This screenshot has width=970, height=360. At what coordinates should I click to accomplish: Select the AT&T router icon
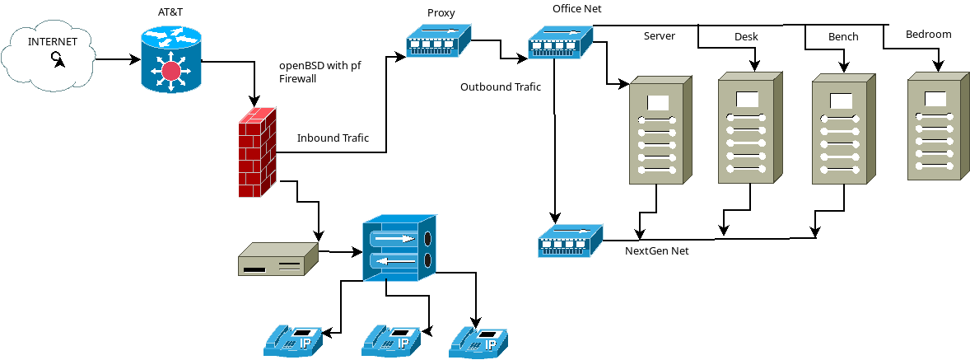tap(170, 58)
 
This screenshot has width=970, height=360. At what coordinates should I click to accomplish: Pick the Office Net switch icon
tap(560, 42)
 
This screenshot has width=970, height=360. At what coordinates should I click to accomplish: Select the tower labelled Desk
tap(748, 127)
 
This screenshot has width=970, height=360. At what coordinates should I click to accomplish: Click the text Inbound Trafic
tap(333, 138)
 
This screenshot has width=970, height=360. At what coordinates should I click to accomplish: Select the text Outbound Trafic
tap(501, 86)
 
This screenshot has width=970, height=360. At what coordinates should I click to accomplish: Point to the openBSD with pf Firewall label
tap(320, 72)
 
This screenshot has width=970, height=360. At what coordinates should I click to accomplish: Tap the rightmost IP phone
tap(478, 341)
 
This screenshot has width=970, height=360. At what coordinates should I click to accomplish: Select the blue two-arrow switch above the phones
tap(399, 249)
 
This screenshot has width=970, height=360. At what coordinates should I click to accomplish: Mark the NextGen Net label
tap(656, 250)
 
